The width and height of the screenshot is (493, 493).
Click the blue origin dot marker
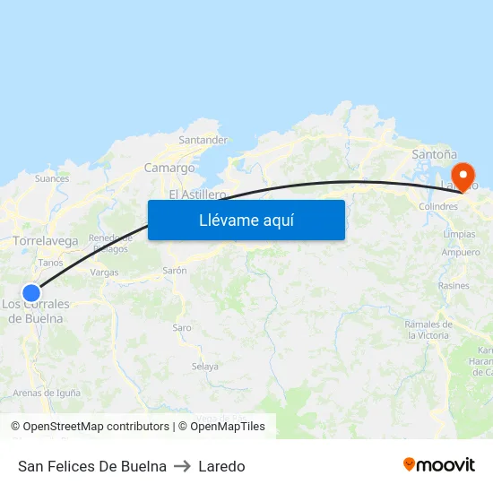click(31, 292)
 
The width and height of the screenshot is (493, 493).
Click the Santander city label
click(203, 140)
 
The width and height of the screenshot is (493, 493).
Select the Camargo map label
click(169, 168)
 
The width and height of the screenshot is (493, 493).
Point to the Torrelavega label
click(46, 241)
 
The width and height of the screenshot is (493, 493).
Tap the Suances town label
click(52, 178)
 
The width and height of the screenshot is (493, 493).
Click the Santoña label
click(434, 154)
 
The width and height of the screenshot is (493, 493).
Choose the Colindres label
click(438, 206)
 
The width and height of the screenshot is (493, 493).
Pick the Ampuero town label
click(460, 253)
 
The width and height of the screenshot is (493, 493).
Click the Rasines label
click(454, 286)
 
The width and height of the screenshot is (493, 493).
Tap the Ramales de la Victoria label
click(428, 329)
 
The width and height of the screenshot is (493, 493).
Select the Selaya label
click(205, 367)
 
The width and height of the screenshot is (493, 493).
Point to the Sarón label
click(174, 270)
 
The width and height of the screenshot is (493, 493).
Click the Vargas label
click(104, 272)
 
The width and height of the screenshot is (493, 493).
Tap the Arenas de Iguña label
click(47, 393)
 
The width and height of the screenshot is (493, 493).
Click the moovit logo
click(439, 464)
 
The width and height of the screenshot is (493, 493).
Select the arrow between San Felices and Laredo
click(182, 466)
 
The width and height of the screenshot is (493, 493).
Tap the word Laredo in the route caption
click(221, 466)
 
